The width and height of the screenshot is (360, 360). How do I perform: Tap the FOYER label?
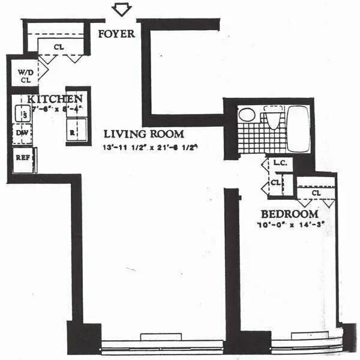tap(116, 34)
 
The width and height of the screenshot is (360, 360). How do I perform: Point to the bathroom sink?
tap(245, 115)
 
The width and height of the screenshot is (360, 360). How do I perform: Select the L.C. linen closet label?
tap(278, 163)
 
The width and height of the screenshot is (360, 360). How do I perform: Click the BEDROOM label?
tap(289, 214)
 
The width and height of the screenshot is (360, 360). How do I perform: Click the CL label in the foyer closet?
tap(59, 46)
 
